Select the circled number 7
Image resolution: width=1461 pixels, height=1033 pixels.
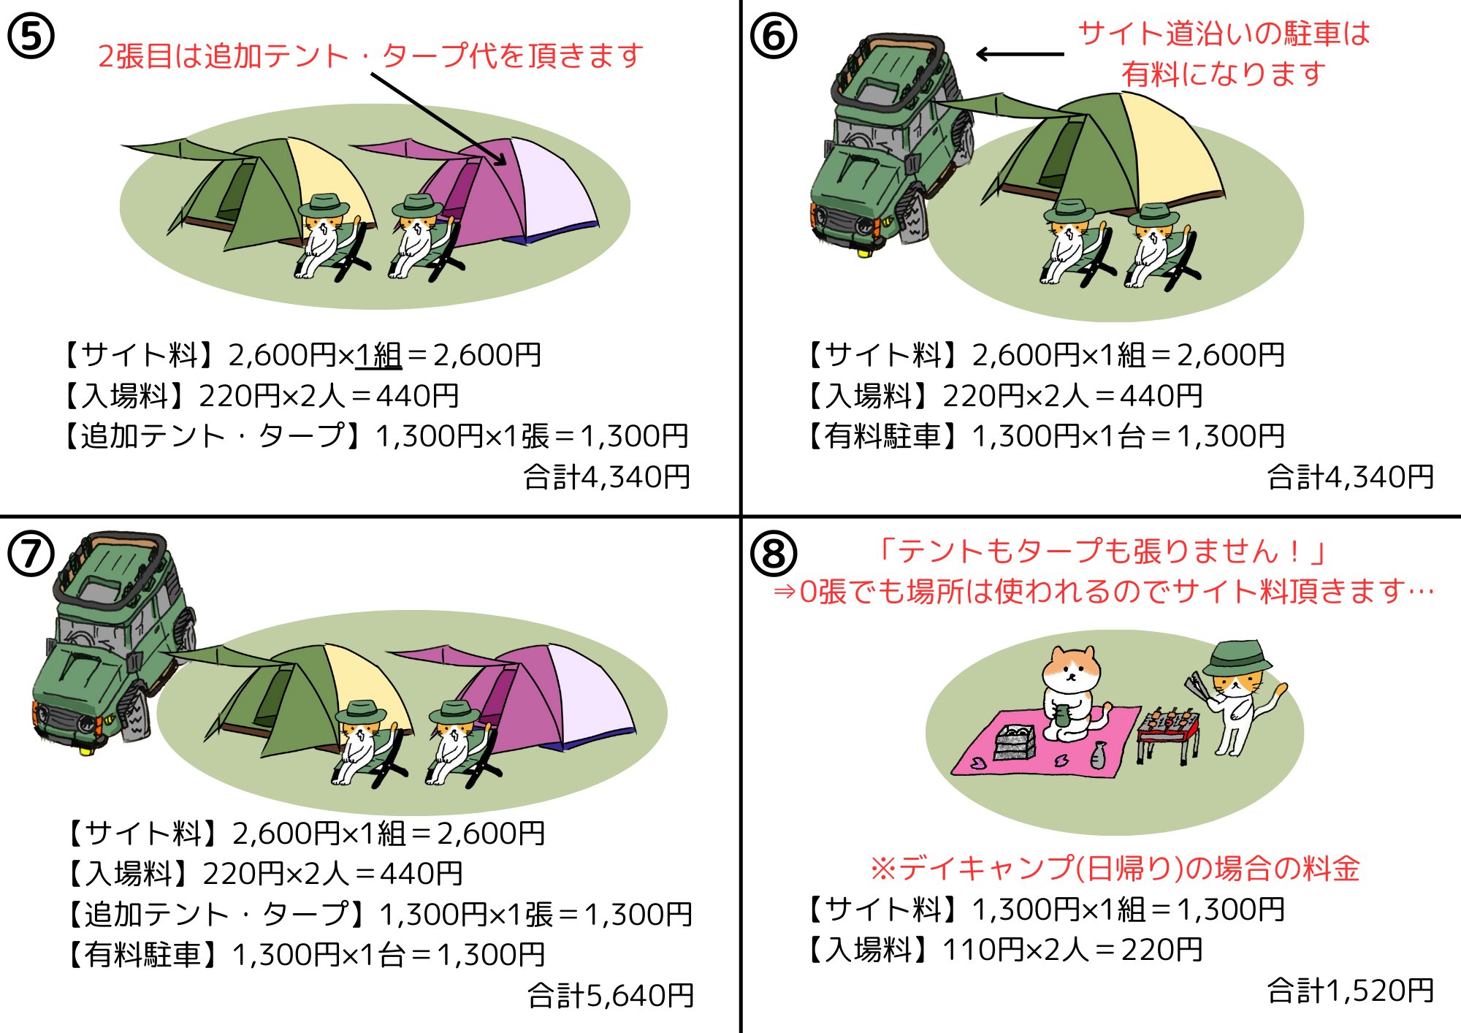point(31,554)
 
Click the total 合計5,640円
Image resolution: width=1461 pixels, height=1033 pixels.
point(611,995)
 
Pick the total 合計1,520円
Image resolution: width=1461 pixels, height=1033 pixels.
point(1350,991)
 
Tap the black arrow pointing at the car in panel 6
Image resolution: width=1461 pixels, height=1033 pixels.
point(1020,54)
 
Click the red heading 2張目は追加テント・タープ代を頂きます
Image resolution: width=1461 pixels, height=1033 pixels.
point(370,56)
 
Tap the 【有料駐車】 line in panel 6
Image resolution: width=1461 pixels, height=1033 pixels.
point(1045,436)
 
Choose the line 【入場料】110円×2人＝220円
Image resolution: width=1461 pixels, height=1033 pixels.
point(1004,950)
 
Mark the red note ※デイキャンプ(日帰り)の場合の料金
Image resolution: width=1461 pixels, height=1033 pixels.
point(1115,869)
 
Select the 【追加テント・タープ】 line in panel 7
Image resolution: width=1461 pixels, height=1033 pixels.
point(378,914)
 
